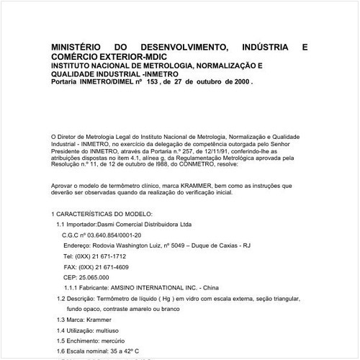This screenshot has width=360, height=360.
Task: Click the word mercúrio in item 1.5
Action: coord(117,339)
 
